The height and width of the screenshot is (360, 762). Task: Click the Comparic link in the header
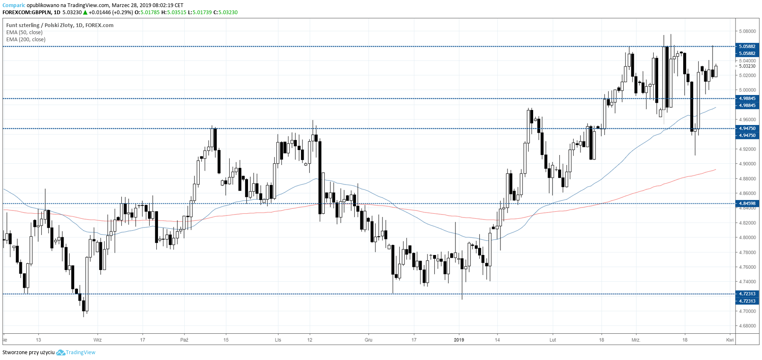coord(14,5)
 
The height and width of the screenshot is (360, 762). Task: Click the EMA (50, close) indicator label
coord(24,32)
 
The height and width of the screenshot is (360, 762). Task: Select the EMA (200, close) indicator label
coord(26,40)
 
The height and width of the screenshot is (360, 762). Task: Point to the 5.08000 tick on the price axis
coord(747,31)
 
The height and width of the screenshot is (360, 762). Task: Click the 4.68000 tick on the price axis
coord(747,326)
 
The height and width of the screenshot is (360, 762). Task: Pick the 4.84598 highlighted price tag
coord(747,204)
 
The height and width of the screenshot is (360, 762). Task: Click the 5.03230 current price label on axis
coord(747,66)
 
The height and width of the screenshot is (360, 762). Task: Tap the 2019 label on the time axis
coord(459,340)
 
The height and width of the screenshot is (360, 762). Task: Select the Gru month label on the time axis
coord(368,340)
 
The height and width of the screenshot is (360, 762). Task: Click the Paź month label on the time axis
coord(184,340)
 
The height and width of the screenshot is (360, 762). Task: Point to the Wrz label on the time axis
coord(98,340)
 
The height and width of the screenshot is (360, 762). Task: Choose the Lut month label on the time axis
coord(553,340)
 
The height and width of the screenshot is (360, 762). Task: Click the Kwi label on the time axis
coord(730,340)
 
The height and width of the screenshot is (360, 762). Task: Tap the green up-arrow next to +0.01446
coord(85,12)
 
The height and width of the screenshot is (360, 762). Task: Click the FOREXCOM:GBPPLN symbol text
coord(27,12)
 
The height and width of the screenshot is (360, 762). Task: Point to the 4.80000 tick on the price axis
coord(747,237)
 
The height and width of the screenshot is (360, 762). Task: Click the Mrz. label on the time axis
coord(636,340)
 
